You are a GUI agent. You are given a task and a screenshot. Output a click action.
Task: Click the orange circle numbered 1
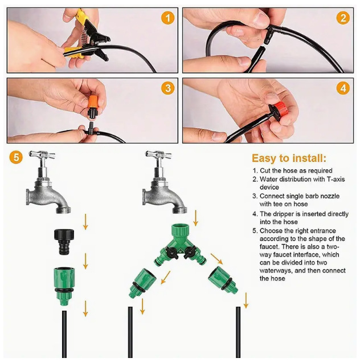click(167, 18)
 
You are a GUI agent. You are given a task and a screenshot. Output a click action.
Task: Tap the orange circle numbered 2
click(342, 18)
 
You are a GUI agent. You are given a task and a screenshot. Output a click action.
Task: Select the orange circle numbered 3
click(167, 88)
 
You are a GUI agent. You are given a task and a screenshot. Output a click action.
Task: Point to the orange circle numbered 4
click(342, 88)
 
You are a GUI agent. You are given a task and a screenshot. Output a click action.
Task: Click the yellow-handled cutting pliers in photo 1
click(85, 37)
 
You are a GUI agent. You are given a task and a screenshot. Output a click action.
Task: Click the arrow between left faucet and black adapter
click(85, 221)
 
